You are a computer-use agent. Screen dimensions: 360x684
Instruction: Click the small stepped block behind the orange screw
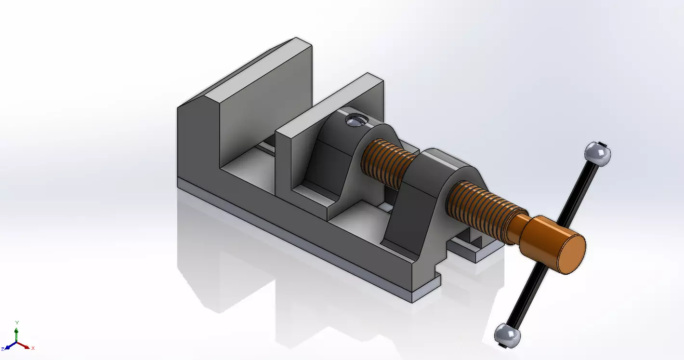[x=474, y=246]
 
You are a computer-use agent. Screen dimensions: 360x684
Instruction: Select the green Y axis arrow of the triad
[x=17, y=333]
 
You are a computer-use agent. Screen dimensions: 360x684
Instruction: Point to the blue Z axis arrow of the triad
[x=9, y=347]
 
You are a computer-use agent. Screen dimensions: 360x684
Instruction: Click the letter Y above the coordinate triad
[x=17, y=322]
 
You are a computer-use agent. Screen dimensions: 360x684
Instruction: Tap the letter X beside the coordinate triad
[x=33, y=348]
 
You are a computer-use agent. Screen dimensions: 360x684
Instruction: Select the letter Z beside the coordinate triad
[x=2, y=348]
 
